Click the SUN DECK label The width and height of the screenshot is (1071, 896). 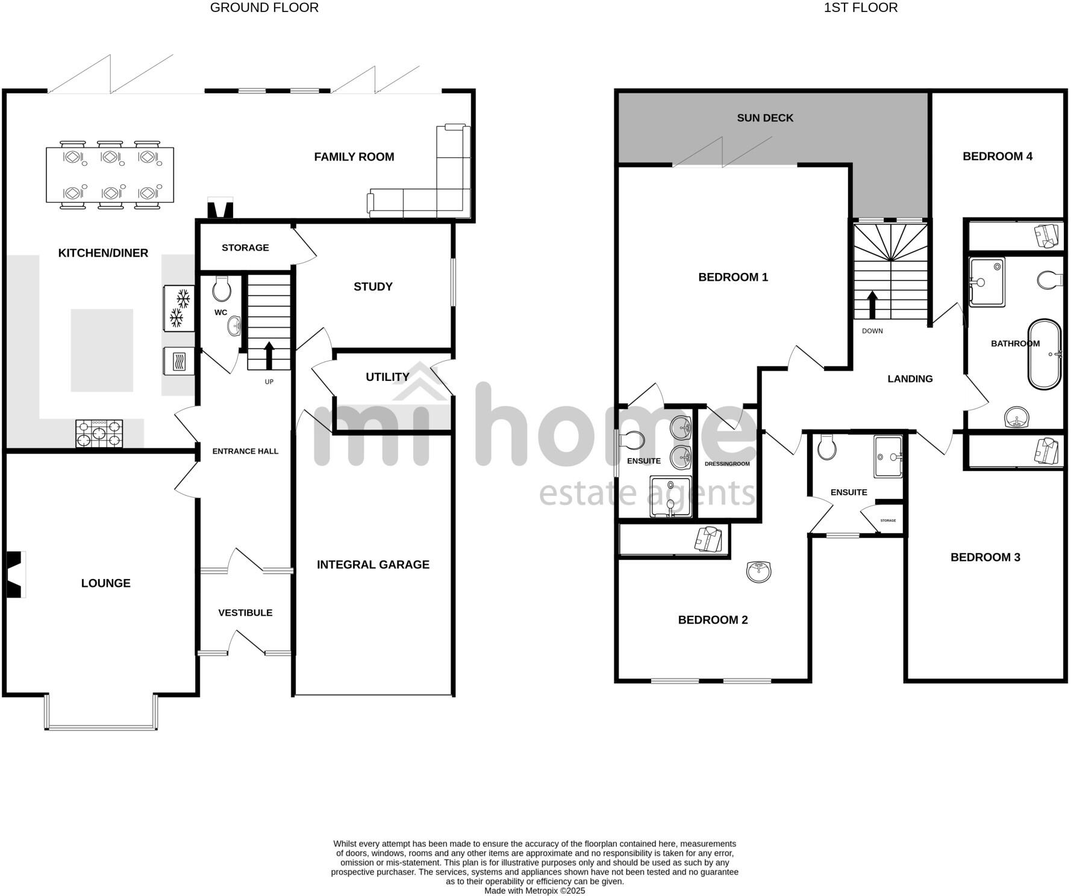coord(765,118)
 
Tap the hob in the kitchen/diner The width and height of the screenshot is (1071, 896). coord(99,433)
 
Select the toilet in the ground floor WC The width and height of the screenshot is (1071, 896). coord(222,289)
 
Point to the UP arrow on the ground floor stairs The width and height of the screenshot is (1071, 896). coord(269,356)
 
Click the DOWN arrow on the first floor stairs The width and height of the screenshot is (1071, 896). coord(872,305)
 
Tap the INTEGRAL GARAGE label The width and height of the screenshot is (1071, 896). coord(373,565)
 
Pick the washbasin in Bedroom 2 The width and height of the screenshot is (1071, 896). coord(758,571)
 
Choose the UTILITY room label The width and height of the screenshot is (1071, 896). coord(387,377)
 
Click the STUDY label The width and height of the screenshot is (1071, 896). coord(373,287)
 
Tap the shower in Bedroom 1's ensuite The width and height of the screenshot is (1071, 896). coord(670,496)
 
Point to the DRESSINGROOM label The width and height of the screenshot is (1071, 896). coord(727,464)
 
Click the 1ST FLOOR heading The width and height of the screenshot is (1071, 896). coord(860,8)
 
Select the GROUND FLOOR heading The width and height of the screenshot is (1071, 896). coord(264,8)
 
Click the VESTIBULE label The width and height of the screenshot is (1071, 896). coord(245,613)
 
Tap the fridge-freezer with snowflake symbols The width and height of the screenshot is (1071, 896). coord(179,308)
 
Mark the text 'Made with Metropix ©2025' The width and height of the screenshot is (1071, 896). coord(534,891)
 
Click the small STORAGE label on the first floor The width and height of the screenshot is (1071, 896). coord(888,521)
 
